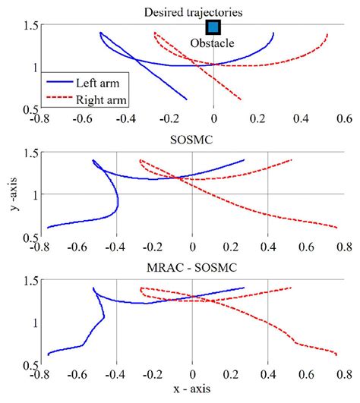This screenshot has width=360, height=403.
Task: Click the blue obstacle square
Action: pos(213,27)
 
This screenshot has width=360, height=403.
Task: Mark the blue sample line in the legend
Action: pos(59,83)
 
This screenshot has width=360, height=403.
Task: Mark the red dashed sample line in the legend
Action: pos(59,99)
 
